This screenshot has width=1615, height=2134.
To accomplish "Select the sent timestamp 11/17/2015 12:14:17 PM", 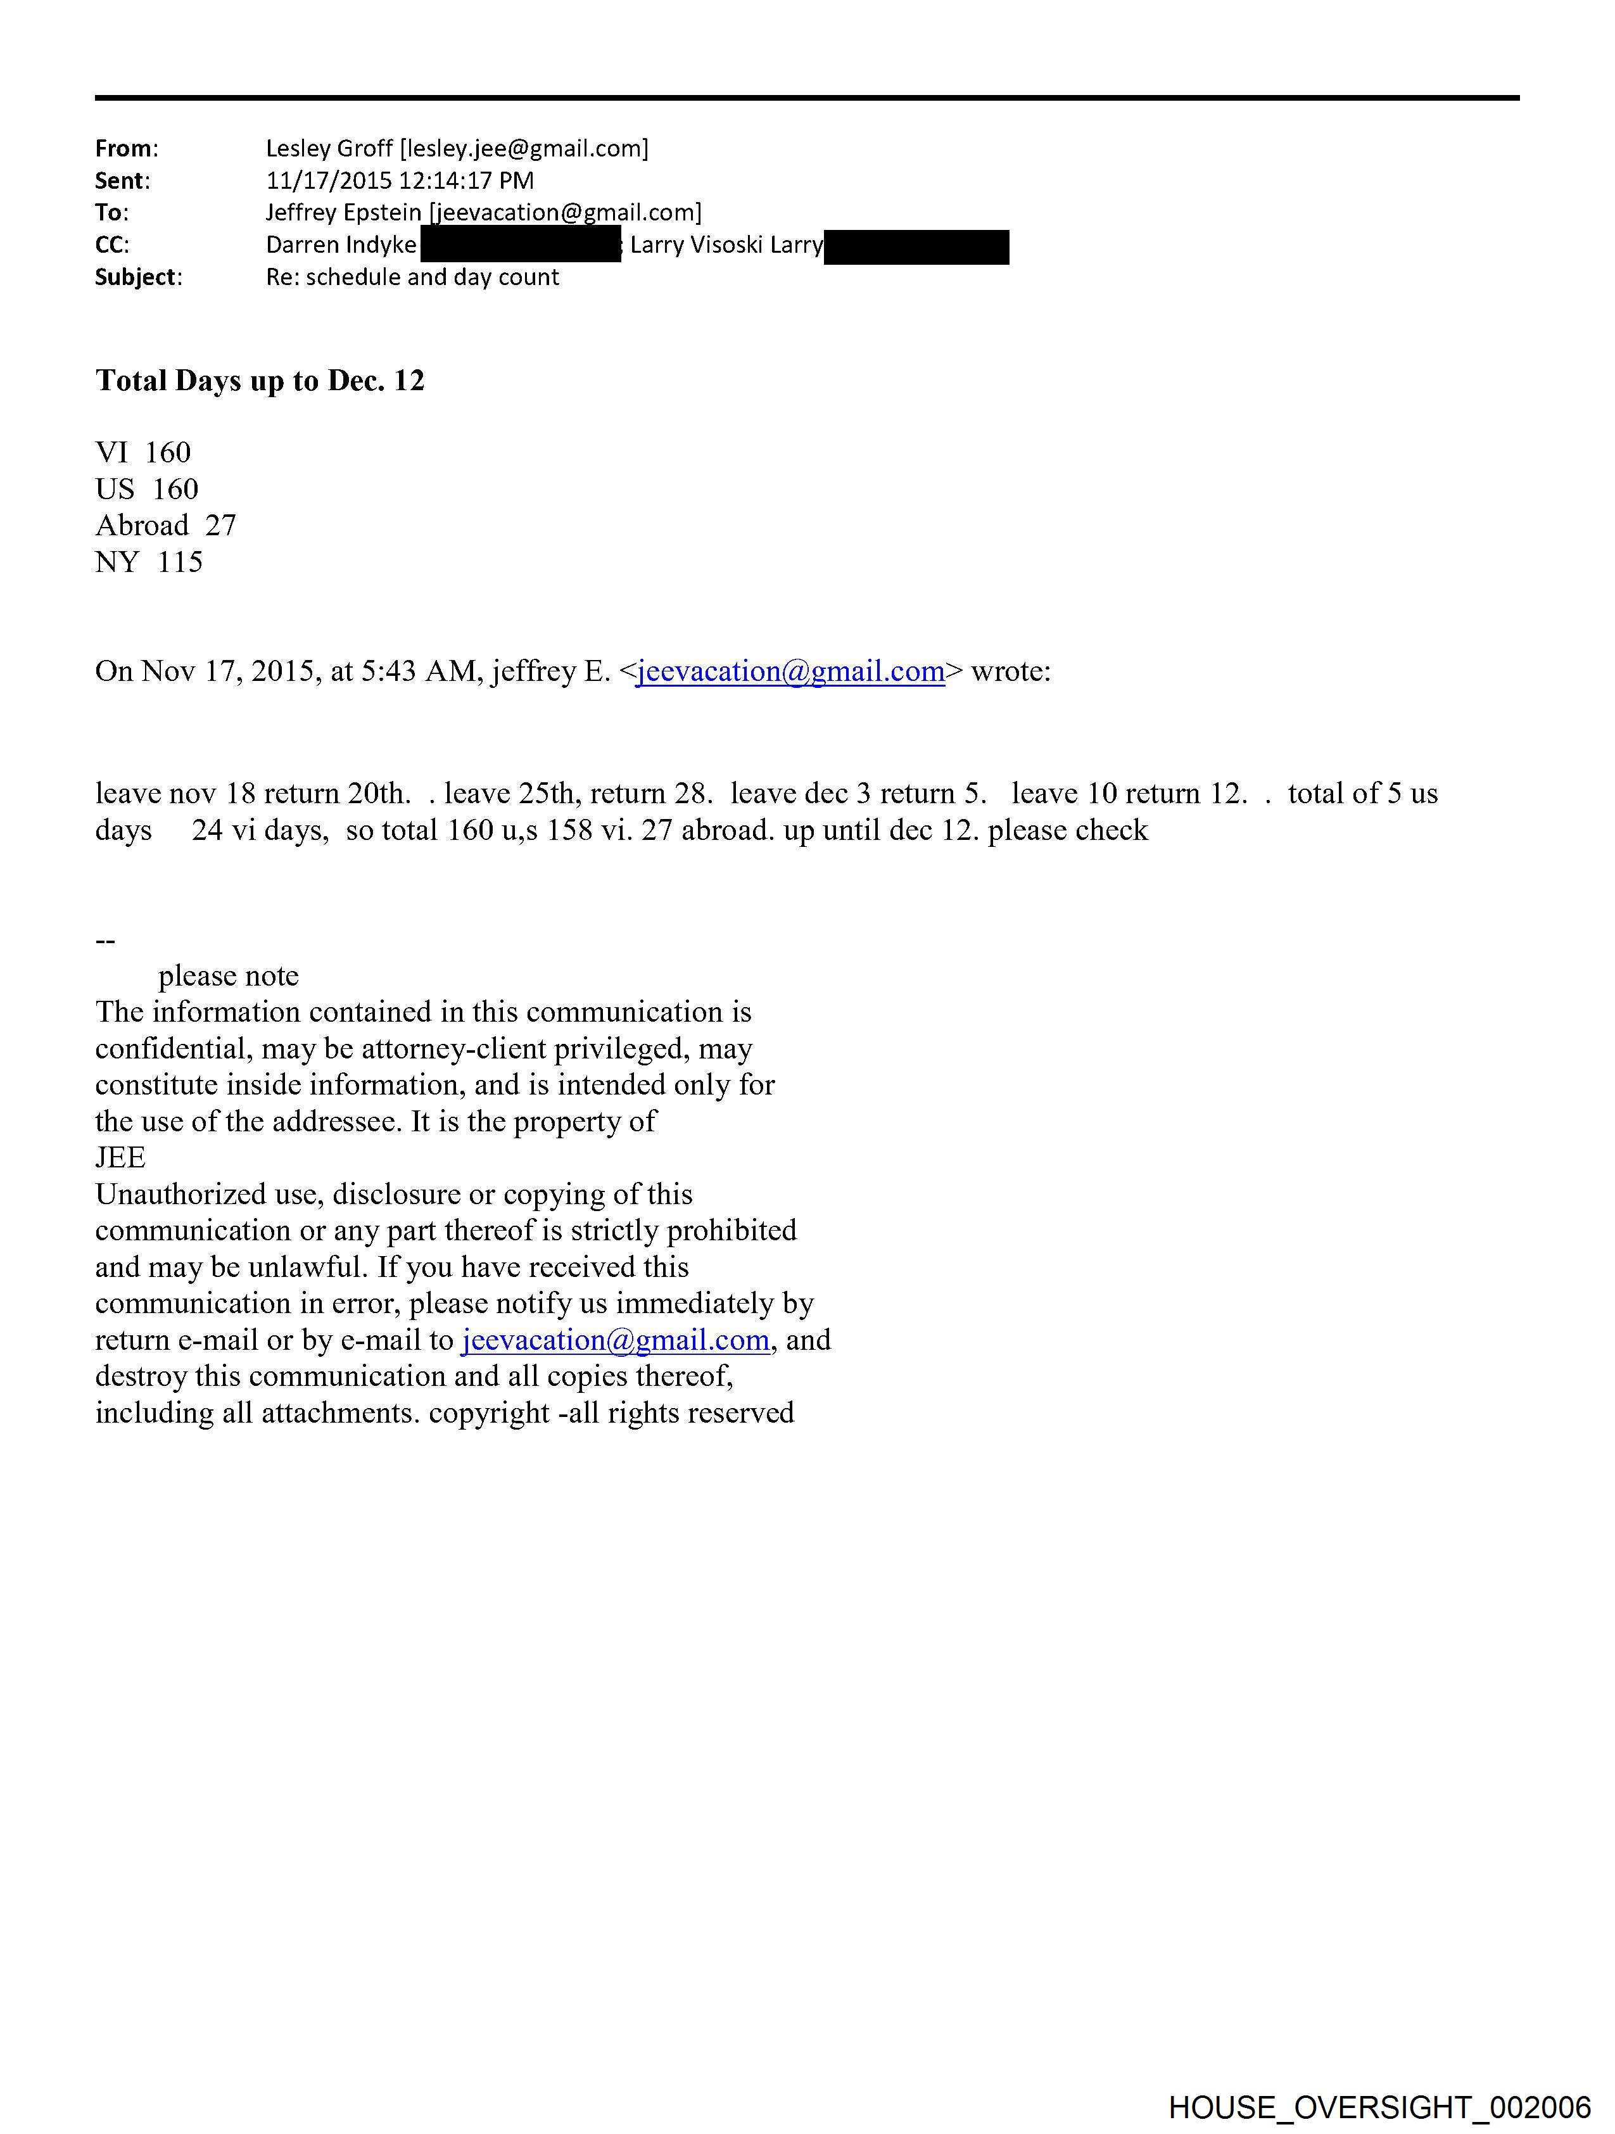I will [x=400, y=181].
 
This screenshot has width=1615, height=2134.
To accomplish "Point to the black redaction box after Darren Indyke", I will [x=520, y=245].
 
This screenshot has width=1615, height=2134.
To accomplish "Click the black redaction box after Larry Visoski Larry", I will [x=916, y=247].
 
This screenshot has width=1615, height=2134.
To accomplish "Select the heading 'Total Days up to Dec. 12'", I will [x=260, y=381].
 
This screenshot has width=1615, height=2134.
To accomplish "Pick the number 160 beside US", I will [x=175, y=489].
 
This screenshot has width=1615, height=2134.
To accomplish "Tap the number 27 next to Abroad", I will [x=221, y=526].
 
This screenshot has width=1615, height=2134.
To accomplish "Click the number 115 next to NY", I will [x=180, y=562].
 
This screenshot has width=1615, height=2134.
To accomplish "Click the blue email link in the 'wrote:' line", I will [x=790, y=671].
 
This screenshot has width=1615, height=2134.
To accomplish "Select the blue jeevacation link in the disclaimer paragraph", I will [x=616, y=1340].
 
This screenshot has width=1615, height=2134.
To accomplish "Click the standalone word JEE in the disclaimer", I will [x=120, y=1158].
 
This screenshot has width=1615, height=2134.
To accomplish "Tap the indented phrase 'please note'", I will [x=229, y=976].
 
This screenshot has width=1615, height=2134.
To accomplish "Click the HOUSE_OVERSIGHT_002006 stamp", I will [x=1379, y=2107].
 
